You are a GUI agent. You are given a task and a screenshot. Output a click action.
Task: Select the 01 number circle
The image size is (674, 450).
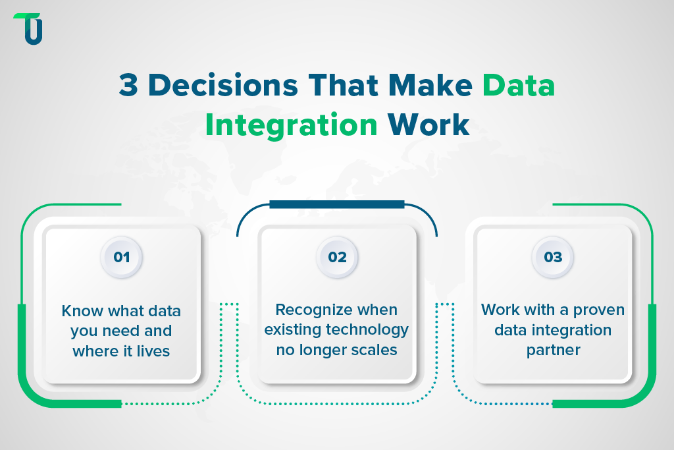point(122,257)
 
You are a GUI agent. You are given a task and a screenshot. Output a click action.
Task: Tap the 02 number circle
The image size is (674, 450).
point(337,257)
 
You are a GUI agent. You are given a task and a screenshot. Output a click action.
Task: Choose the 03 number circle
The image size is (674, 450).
point(553,257)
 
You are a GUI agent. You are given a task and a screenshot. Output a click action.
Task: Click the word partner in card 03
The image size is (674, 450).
point(553,350)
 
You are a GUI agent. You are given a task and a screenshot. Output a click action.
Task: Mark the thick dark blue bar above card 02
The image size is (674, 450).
point(337,205)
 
